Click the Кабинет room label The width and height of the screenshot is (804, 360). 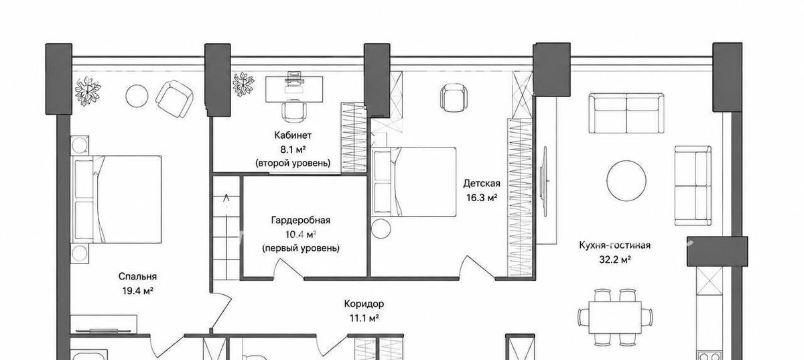pos(293,135)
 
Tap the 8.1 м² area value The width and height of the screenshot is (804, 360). pos(293,149)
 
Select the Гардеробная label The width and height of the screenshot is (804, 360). pos(300,221)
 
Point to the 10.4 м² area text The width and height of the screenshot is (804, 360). pos(300,235)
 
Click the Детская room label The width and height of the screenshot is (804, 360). pos(481,184)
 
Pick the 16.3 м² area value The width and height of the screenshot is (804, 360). pos(481,198)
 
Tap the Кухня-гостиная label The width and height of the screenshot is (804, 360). pos(614,245)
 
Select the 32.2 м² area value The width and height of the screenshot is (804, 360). pos(615,259)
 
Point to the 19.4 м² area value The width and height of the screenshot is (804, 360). pos(137,291)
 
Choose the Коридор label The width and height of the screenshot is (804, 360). pos(364,304)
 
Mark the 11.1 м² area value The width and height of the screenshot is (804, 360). pos(364,318)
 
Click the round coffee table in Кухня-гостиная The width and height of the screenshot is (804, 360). pos(626,180)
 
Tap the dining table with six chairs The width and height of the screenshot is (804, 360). pos(615,318)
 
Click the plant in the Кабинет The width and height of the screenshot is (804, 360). pos(243,84)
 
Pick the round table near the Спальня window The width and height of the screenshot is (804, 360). pos(137,96)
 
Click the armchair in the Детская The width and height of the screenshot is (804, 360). pos(454,98)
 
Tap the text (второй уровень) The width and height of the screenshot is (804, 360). pos(293,163)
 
